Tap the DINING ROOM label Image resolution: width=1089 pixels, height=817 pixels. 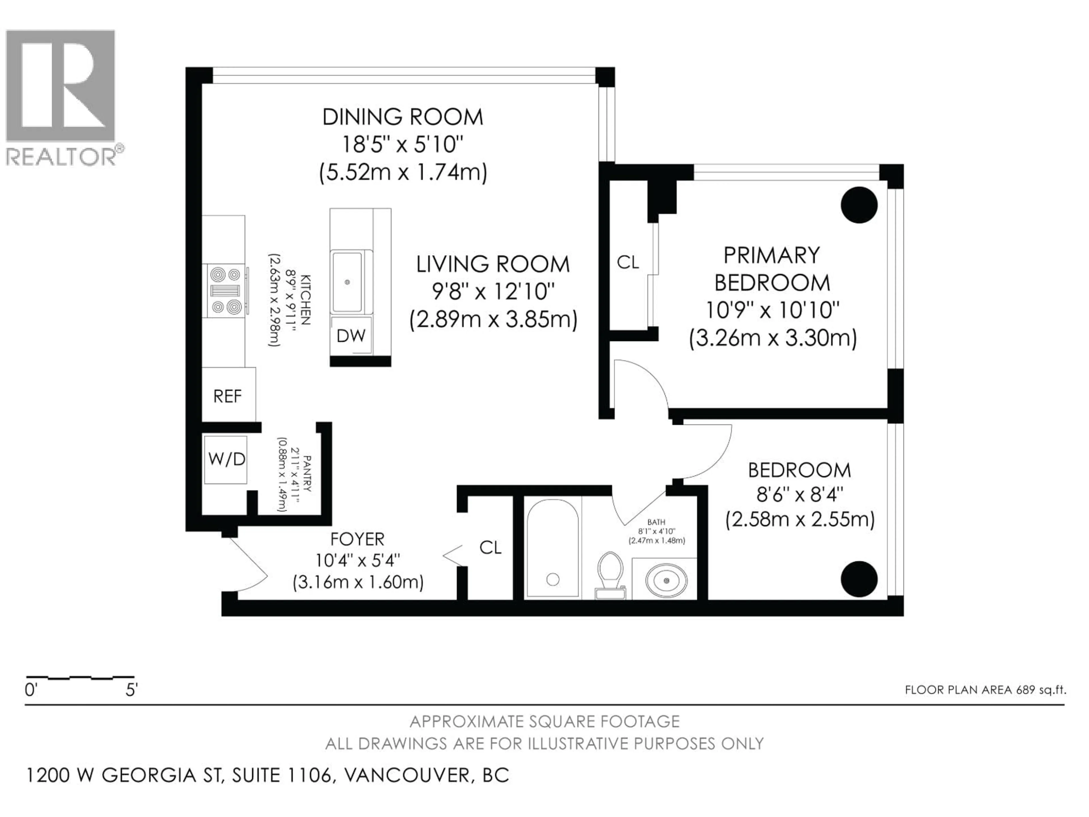click(x=403, y=117)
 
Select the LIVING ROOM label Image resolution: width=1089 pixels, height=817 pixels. click(x=493, y=264)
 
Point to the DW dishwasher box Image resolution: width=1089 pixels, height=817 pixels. click(x=351, y=336)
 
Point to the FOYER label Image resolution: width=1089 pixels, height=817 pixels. click(x=357, y=539)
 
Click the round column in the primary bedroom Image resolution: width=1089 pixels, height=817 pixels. click(x=859, y=205)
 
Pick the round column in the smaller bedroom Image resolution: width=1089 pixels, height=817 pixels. click(x=859, y=579)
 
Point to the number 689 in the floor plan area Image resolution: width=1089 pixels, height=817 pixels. click(x=1025, y=689)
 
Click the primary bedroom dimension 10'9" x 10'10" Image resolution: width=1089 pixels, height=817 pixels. click(x=773, y=310)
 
